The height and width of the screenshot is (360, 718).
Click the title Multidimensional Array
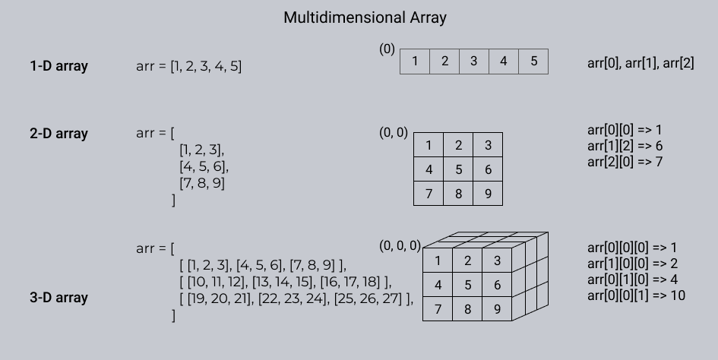[x=365, y=18]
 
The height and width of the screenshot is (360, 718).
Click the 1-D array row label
[x=59, y=66]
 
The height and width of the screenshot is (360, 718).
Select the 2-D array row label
[x=59, y=134]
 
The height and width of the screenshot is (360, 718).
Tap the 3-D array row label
[x=59, y=298]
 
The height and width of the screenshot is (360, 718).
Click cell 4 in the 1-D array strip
[x=504, y=62]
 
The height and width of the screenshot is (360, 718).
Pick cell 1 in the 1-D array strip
[x=415, y=62]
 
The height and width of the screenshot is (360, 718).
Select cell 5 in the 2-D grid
[x=458, y=169]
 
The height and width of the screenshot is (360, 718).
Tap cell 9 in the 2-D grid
[x=488, y=194]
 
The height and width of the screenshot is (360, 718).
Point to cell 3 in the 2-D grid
[x=488, y=145]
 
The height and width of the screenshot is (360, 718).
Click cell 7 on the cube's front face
[x=438, y=309]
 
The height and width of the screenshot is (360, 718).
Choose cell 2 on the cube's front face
[x=467, y=261]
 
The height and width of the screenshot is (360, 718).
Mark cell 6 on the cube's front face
[x=498, y=285]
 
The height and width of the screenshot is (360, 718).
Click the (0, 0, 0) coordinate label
[x=400, y=246]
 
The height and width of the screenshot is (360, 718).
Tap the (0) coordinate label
[x=387, y=49]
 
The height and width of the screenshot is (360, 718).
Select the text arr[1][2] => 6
[x=625, y=146]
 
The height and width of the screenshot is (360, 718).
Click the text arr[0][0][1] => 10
[x=636, y=295]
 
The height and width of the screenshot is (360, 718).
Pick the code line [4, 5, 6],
[x=204, y=166]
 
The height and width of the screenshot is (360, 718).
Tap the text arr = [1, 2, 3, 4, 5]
[x=188, y=66]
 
